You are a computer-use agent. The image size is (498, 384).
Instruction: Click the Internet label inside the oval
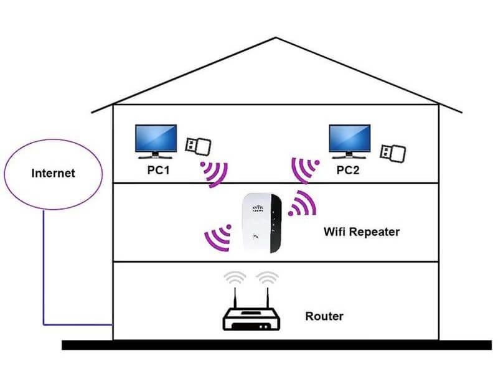(x=53, y=172)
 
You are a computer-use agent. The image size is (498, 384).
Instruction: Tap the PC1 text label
(x=158, y=171)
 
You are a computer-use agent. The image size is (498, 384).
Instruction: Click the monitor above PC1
(x=156, y=139)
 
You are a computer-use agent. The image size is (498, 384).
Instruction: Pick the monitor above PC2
(x=349, y=139)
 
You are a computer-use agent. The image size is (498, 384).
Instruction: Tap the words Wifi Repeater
(x=362, y=232)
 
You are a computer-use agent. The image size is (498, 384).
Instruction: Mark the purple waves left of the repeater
(x=218, y=237)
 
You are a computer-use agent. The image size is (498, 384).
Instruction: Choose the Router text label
(x=324, y=316)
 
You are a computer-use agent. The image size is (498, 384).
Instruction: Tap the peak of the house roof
(x=276, y=39)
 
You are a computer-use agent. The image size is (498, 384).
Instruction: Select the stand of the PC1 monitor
(x=156, y=158)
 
